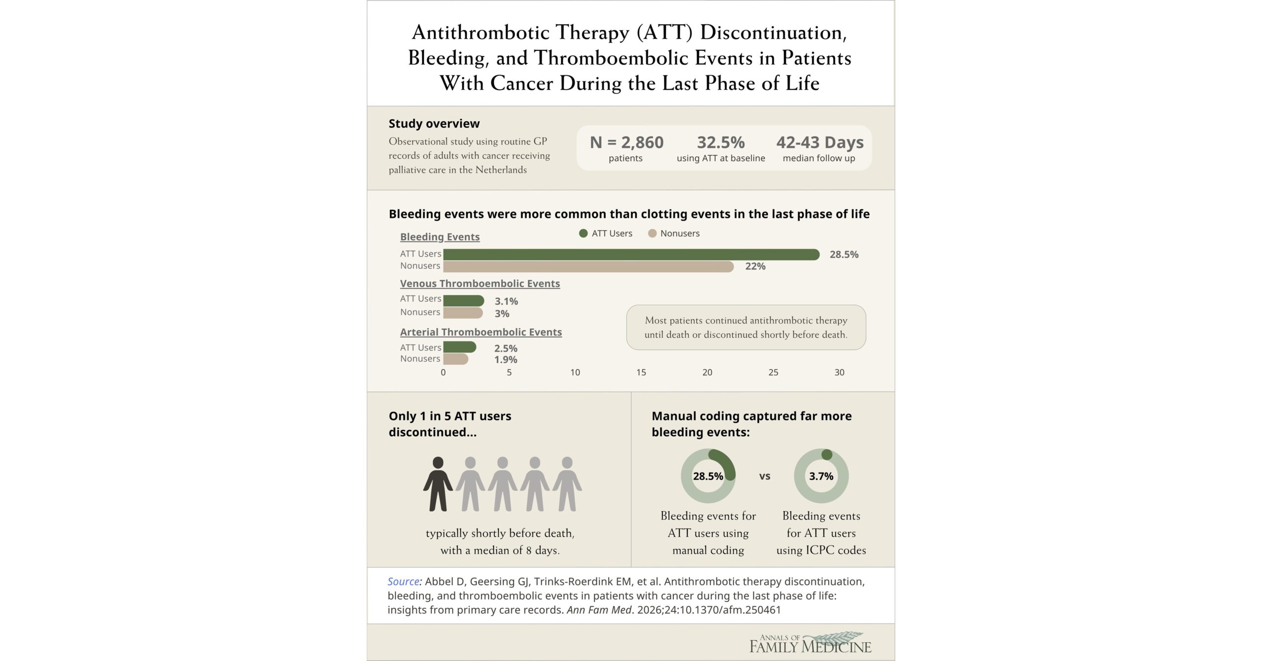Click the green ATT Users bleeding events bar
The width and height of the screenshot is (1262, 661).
point(631,255)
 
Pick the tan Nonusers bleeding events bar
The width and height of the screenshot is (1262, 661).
point(588,267)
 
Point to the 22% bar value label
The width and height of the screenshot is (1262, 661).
point(755,266)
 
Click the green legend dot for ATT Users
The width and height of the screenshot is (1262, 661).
point(583,233)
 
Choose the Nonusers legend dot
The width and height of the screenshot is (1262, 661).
point(652,233)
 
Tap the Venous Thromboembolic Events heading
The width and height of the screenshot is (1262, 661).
point(480,284)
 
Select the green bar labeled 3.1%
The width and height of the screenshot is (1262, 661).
point(463,300)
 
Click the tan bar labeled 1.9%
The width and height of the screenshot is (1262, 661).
point(455,359)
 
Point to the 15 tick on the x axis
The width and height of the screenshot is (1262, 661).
point(641,372)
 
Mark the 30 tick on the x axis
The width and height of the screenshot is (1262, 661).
point(839,372)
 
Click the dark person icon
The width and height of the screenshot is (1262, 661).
point(437,484)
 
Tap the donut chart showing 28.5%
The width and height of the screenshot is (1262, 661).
point(708,476)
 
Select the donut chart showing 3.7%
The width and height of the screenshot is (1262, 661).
point(821,476)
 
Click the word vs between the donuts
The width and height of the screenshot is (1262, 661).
point(765,477)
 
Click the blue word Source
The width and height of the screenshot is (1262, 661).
point(403,582)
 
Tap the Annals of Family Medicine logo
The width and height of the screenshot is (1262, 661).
point(810,643)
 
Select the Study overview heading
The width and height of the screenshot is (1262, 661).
point(434,124)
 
